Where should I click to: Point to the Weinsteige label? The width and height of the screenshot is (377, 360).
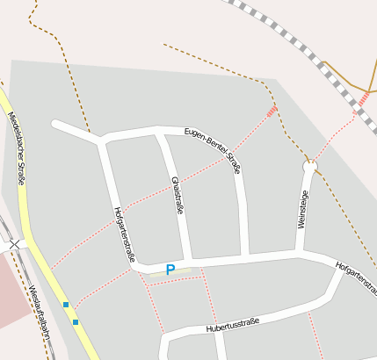(x=303, y=210)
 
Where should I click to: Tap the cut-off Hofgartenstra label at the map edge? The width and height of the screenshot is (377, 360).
(x=357, y=276)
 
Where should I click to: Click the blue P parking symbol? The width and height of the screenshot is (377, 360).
(x=170, y=270)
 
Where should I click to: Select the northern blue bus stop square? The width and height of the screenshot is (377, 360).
(x=66, y=305)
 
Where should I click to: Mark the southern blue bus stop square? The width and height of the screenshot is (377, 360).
(x=76, y=322)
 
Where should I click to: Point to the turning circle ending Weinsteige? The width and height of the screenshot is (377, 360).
(x=309, y=164)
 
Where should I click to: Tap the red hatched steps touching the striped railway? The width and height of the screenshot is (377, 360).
(x=361, y=99)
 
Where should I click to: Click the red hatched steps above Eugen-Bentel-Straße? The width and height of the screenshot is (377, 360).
(x=272, y=111)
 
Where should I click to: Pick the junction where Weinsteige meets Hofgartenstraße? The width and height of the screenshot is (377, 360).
(x=301, y=255)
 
